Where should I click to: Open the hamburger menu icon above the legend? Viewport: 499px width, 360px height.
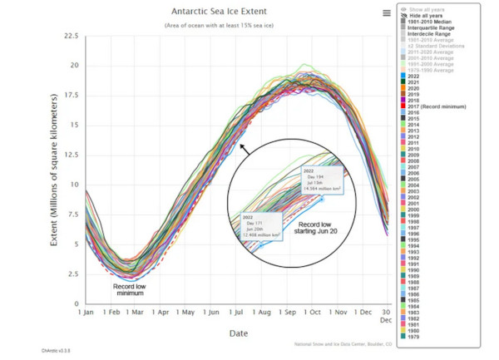(x=387, y=12)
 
